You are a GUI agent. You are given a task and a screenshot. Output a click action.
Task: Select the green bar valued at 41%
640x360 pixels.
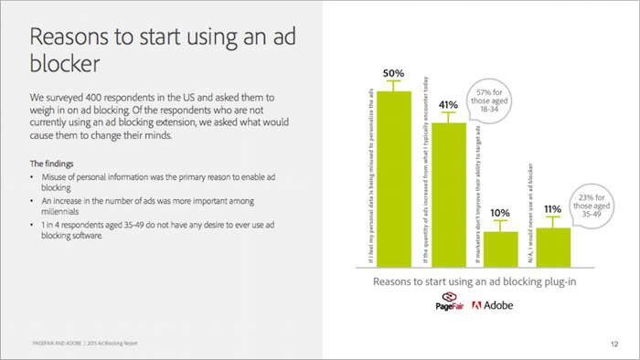pyautogui.click(x=448, y=192)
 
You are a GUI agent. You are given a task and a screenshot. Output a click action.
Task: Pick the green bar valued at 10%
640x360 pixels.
pyautogui.click(x=500, y=246)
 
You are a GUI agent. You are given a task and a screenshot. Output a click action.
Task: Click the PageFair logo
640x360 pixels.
pyautogui.click(x=449, y=303)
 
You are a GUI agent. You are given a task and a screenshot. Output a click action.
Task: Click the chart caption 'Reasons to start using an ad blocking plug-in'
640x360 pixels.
pyautogui.click(x=472, y=282)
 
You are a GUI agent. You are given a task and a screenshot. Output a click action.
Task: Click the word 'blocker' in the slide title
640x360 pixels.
pyautogui.click(x=64, y=65)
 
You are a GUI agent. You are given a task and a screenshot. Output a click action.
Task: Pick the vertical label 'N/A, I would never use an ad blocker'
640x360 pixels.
pyautogui.click(x=530, y=200)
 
